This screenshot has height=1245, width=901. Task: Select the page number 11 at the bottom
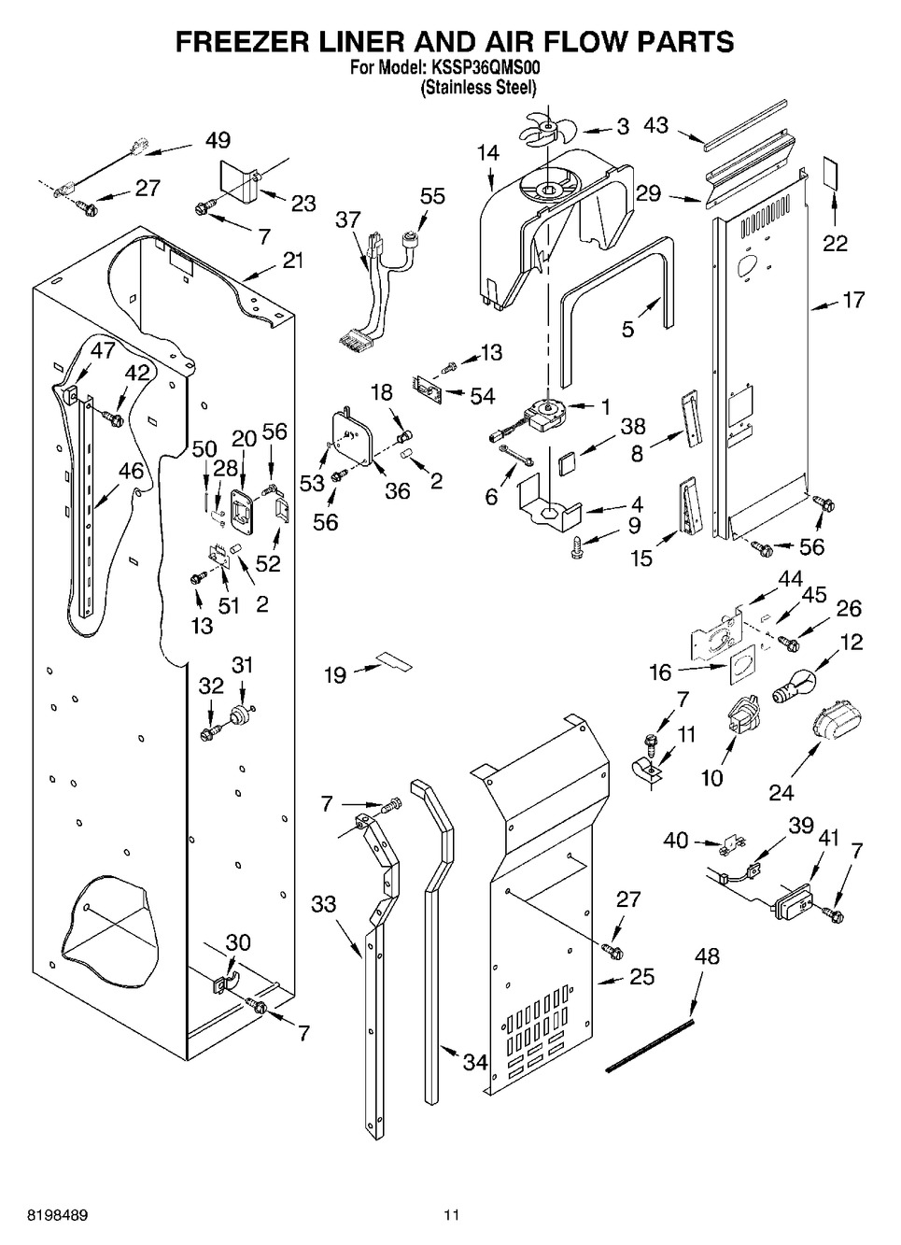click(452, 1215)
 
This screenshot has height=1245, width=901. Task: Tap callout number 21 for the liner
click(293, 261)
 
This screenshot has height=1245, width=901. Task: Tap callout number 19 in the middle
click(334, 674)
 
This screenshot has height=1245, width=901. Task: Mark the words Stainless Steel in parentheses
click(478, 88)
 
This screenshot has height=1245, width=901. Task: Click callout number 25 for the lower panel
click(641, 977)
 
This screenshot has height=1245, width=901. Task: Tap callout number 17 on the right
click(852, 300)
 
